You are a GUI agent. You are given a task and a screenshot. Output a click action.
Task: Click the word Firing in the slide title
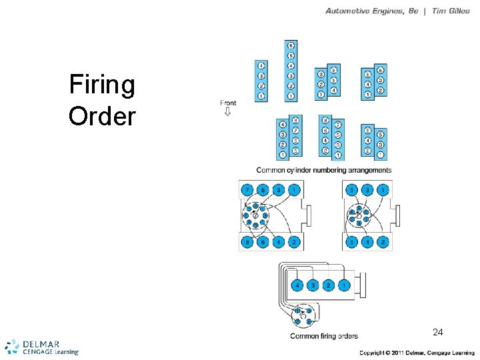click(x=102, y=85)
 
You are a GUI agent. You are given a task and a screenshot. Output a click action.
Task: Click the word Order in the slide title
click(x=102, y=116)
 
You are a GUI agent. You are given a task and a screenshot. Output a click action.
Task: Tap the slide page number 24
click(x=437, y=332)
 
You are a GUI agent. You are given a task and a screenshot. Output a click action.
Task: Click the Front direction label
click(x=228, y=103)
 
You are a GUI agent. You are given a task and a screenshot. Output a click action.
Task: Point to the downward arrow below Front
click(x=227, y=112)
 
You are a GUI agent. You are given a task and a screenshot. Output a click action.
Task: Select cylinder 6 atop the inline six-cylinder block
click(x=291, y=45)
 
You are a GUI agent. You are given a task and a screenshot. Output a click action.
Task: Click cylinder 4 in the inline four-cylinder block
click(x=261, y=66)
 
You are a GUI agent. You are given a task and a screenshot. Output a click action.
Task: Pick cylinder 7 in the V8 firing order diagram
click(x=247, y=191)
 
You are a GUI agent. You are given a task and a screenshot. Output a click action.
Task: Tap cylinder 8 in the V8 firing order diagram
click(x=247, y=243)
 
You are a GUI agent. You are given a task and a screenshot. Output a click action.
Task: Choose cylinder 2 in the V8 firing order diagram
click(x=295, y=243)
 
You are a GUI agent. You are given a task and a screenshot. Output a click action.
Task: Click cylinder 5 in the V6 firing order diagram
click(x=351, y=191)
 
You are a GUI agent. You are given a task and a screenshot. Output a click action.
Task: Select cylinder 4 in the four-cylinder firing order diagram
click(x=297, y=285)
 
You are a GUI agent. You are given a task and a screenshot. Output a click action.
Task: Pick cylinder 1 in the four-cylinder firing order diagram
click(x=343, y=285)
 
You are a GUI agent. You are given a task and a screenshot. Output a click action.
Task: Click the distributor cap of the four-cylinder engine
click(x=303, y=315)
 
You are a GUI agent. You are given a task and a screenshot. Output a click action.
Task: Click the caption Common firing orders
click(x=324, y=336)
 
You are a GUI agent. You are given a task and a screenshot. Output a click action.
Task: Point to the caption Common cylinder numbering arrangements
click(x=324, y=170)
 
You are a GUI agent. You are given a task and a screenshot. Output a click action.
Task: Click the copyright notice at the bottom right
click(x=417, y=352)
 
